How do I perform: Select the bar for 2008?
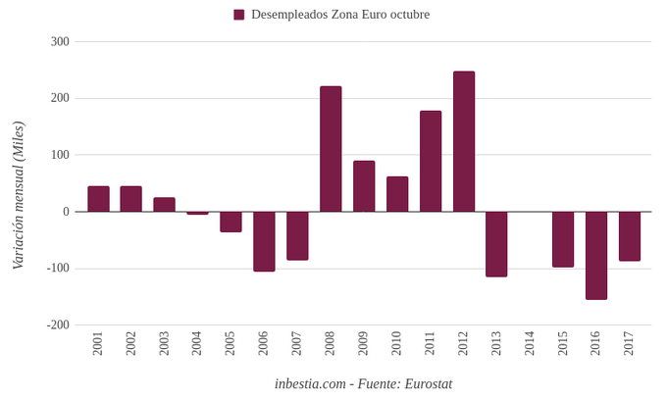pyautogui.click(x=331, y=149)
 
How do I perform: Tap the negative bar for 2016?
pyautogui.click(x=596, y=255)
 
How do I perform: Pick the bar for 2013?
pyautogui.click(x=496, y=244)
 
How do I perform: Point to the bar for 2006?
pyautogui.click(x=264, y=241)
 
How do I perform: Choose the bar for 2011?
pyautogui.click(x=431, y=161)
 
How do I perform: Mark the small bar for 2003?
pyautogui.click(x=164, y=205)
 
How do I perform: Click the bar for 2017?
pyautogui.click(x=630, y=236)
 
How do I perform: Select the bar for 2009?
pyautogui.click(x=364, y=186)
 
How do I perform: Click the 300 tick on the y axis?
pyautogui.click(x=60, y=42)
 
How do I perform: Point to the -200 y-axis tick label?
pyautogui.click(x=58, y=324)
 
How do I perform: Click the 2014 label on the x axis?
pyautogui.click(x=530, y=343)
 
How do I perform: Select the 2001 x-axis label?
pyautogui.click(x=98, y=343)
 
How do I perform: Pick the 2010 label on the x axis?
pyautogui.click(x=397, y=343)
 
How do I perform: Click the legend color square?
pyautogui.click(x=238, y=15)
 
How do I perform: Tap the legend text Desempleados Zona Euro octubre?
pyautogui.click(x=340, y=15)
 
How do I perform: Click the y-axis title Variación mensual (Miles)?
pyautogui.click(x=18, y=196)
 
